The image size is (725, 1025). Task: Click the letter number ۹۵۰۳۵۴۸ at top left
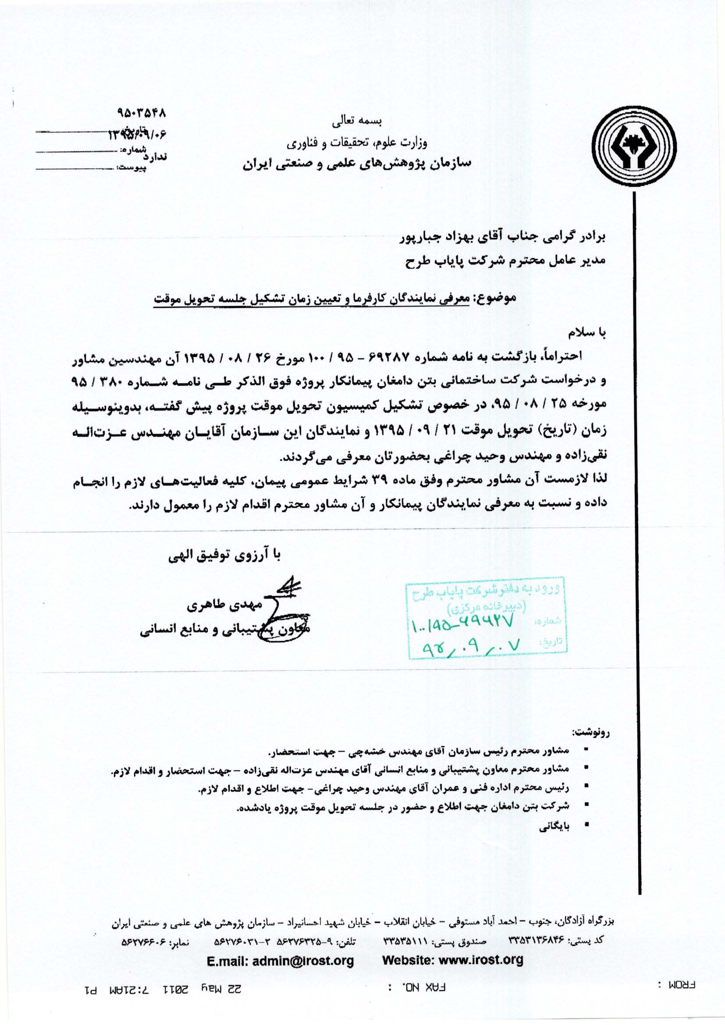(x=141, y=114)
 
